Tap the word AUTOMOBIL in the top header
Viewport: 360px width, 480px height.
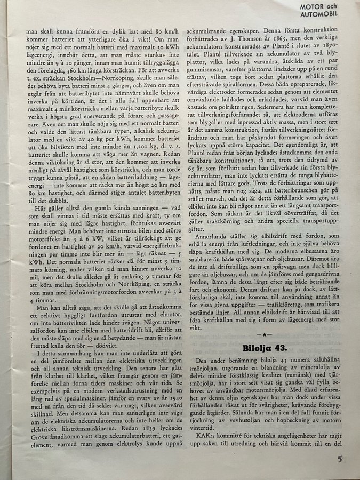pos(334,14)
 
